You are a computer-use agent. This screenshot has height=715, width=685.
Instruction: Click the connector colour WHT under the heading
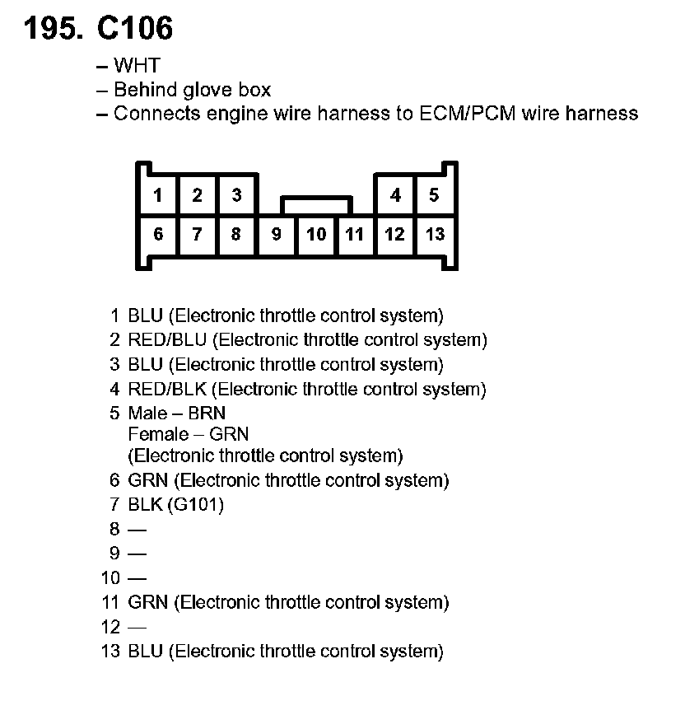[137, 66]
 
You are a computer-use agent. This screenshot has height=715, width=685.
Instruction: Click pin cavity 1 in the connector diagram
[157, 195]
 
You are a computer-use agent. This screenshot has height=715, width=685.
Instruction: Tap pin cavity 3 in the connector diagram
[236, 195]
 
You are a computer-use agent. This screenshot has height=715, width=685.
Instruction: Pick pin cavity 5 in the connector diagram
[435, 195]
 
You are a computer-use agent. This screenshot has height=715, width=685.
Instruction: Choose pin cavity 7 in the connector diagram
[197, 235]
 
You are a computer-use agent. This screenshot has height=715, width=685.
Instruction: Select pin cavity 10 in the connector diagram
[316, 235]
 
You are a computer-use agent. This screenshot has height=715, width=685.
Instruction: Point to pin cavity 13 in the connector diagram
[435, 235]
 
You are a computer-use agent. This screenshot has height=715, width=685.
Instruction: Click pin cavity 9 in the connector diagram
[277, 235]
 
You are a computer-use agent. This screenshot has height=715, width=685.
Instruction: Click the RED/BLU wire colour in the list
[168, 340]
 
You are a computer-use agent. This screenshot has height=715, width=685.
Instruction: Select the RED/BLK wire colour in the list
[168, 390]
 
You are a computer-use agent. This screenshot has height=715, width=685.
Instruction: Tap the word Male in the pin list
[147, 414]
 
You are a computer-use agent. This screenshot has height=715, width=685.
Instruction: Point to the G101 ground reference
[195, 504]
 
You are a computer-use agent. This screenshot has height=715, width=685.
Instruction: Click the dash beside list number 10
[137, 578]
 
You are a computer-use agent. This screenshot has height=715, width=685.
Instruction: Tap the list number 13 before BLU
[110, 652]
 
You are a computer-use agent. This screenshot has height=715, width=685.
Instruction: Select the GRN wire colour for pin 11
[148, 603]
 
